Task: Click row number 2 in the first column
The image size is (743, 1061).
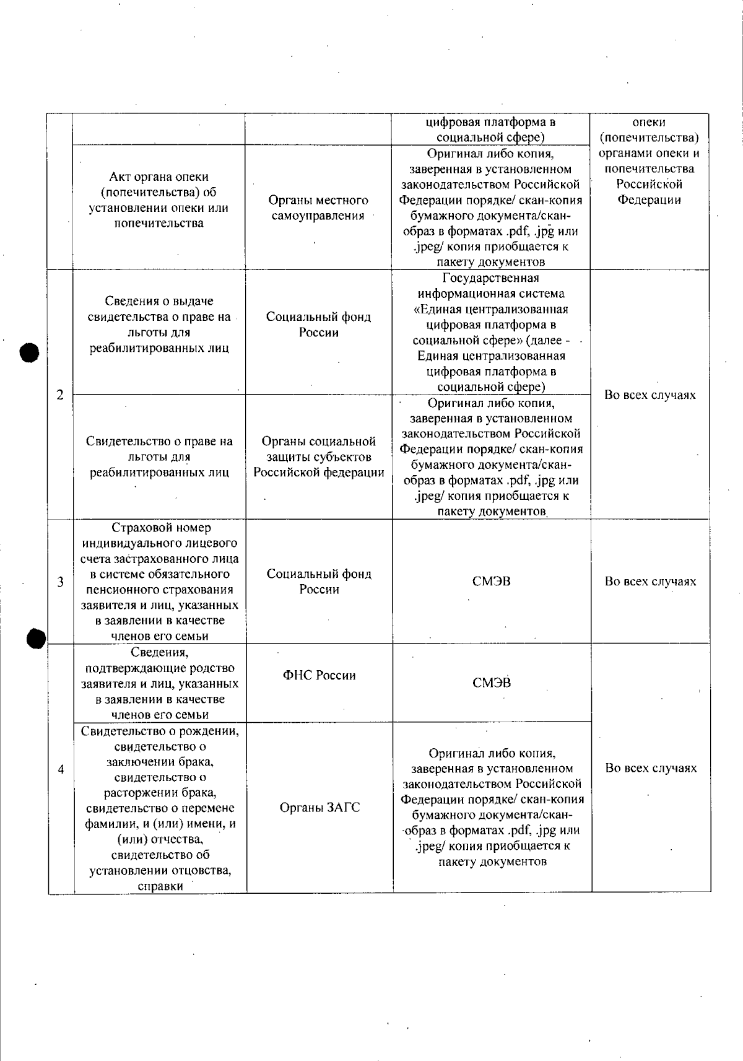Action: pos(60,395)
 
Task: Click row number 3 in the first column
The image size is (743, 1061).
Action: pos(61,582)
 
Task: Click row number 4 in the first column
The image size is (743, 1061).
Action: pos(61,769)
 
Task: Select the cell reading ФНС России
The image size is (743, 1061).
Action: pos(319,676)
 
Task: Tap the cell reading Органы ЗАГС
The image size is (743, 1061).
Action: pos(319,808)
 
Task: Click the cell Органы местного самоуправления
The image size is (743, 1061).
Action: pos(318,208)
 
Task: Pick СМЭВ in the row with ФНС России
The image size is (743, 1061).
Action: pos(492,683)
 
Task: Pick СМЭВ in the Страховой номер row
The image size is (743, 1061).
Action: pos(491,582)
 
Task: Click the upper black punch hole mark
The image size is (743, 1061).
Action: pos(29,353)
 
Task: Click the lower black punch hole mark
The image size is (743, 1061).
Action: pos(37,638)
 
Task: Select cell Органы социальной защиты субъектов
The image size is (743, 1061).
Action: pos(319,457)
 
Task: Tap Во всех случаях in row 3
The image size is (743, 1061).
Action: pos(650,582)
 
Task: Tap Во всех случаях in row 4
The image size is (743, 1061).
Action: pos(651,768)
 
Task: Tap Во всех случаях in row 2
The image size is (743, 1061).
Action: pos(650,395)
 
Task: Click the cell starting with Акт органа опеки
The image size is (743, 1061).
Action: pos(159,200)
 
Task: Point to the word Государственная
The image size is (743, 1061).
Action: pos(491,278)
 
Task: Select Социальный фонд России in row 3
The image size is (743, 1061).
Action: pos(319,582)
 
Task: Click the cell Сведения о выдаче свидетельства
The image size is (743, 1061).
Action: pos(159,325)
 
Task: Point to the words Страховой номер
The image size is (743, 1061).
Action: pos(161,528)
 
